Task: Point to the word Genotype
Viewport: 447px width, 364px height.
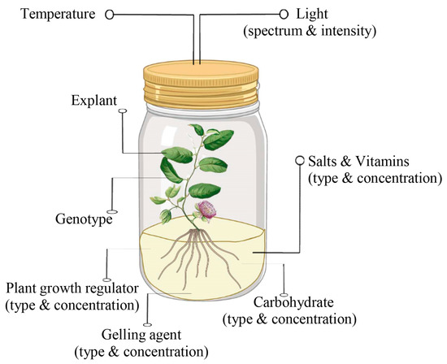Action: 84,219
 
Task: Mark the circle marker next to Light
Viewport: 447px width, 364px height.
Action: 284,14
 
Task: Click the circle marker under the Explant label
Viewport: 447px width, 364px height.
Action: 122,115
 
